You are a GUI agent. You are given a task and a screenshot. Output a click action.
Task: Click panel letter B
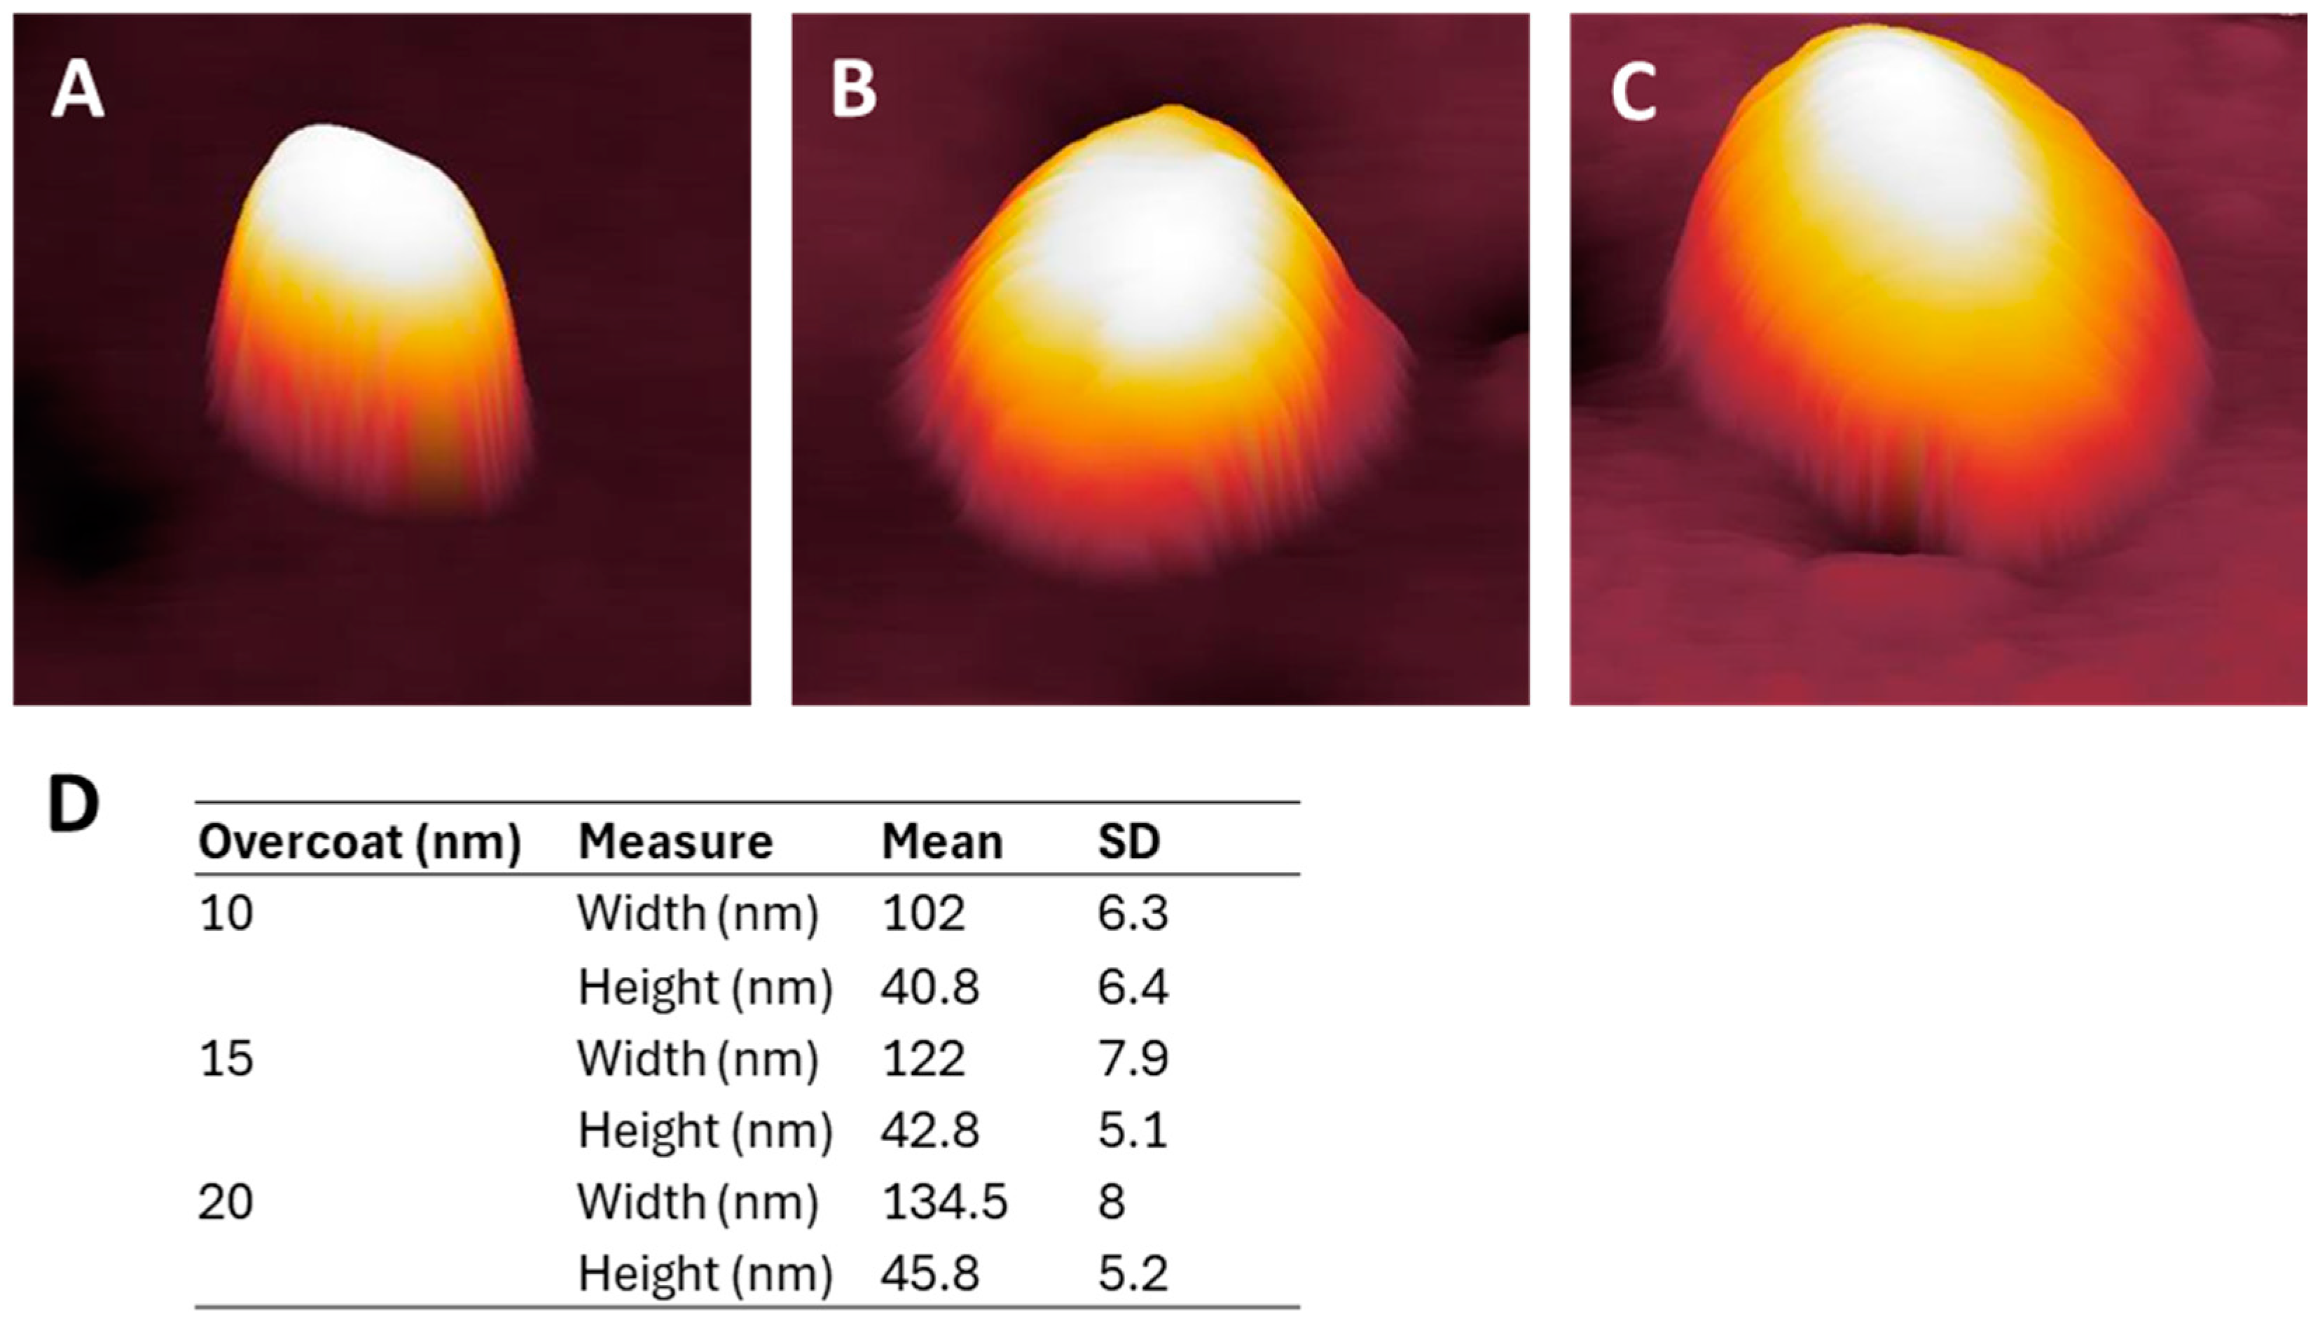pyautogui.click(x=854, y=93)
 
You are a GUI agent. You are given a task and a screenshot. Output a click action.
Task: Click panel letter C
pyautogui.click(x=1633, y=95)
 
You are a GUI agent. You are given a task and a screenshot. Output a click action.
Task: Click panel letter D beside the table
pyautogui.click(x=73, y=805)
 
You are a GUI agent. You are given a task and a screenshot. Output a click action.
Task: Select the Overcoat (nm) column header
pyautogui.click(x=359, y=842)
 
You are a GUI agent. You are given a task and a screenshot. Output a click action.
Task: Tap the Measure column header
pyautogui.click(x=675, y=842)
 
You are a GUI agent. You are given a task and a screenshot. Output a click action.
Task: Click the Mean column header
pyautogui.click(x=941, y=842)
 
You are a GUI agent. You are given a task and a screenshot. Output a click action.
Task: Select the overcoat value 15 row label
pyautogui.click(x=226, y=1058)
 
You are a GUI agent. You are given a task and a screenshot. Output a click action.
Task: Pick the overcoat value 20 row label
pyautogui.click(x=226, y=1202)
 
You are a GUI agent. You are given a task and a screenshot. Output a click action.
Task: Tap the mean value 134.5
pyautogui.click(x=944, y=1202)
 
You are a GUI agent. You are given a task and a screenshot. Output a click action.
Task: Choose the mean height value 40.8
pyautogui.click(x=930, y=987)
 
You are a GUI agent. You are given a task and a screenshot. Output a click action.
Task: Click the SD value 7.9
pyautogui.click(x=1131, y=1058)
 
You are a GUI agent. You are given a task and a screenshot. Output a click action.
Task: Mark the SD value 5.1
pyautogui.click(x=1131, y=1130)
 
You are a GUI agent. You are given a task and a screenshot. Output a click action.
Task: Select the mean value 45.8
pyautogui.click(x=930, y=1273)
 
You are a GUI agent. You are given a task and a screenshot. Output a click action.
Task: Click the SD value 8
pyautogui.click(x=1111, y=1202)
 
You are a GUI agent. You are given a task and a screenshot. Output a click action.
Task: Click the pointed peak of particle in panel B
pyautogui.click(x=1174, y=111)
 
